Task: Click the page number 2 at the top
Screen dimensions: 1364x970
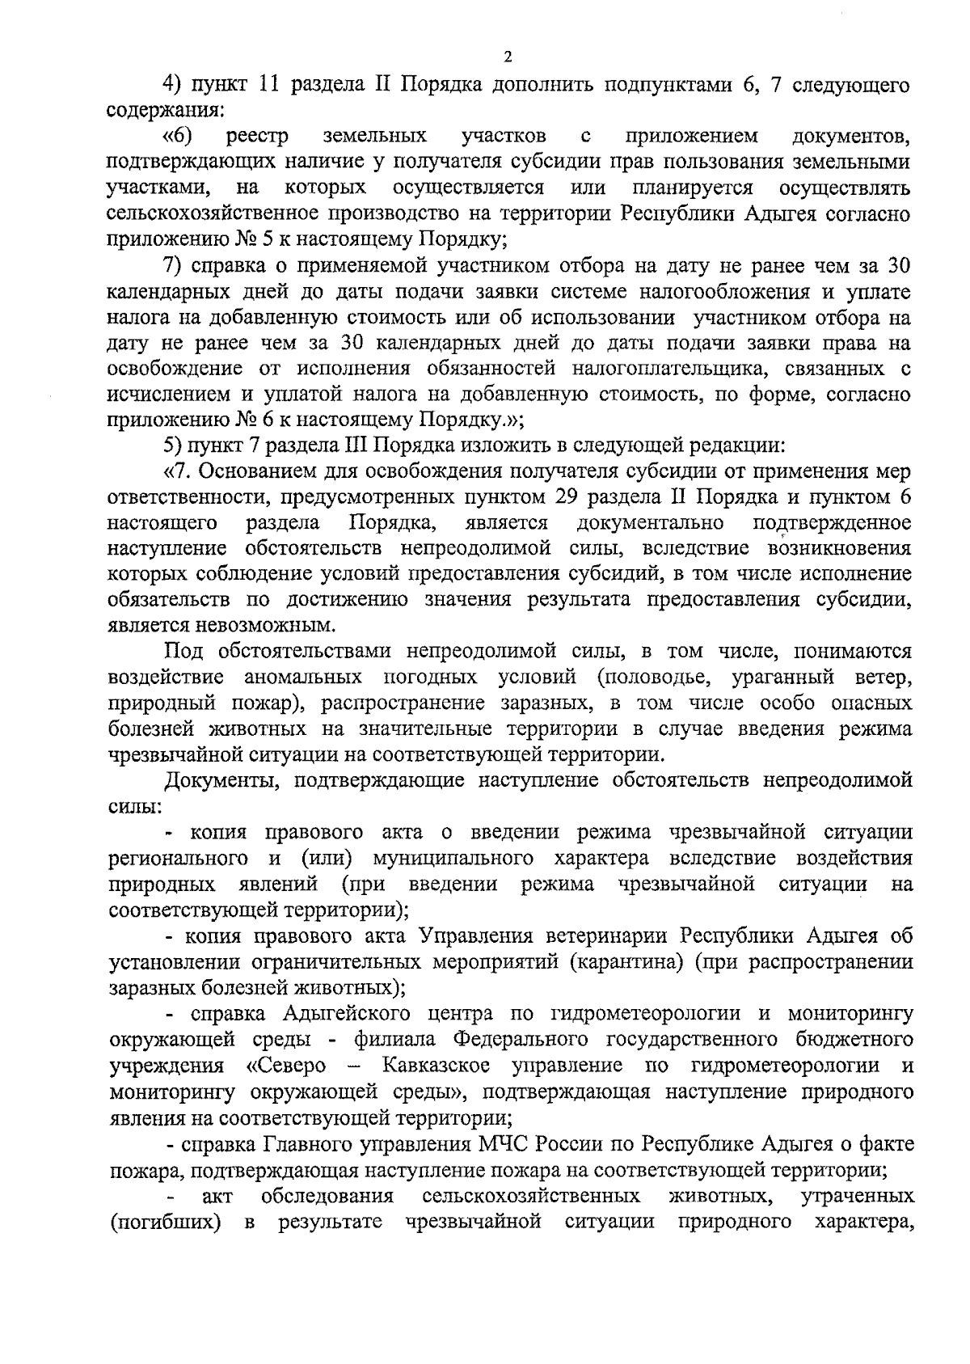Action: pos(508,57)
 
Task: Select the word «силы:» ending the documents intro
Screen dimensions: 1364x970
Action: pos(134,806)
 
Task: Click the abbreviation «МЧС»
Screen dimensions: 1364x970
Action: pos(509,1144)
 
